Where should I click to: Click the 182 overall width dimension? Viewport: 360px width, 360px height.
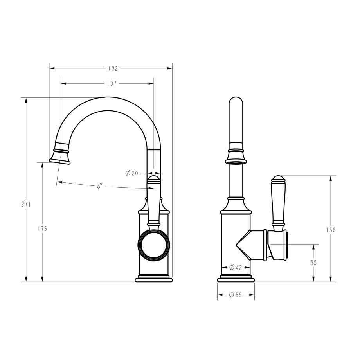point(113,68)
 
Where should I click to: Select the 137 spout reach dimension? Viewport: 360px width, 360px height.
point(112,83)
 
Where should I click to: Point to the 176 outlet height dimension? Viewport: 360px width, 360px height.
point(43,229)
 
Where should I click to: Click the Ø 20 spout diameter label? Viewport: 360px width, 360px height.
point(132,173)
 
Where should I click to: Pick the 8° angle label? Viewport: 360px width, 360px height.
point(100,186)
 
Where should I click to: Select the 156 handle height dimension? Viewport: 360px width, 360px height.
point(331,230)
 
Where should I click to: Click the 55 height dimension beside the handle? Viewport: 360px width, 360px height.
point(313,263)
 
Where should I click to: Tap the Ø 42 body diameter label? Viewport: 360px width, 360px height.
point(236,268)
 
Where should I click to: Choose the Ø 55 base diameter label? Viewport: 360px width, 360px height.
point(236,295)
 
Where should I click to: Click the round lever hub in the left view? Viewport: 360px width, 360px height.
point(154,245)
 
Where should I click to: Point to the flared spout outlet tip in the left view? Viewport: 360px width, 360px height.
point(60,158)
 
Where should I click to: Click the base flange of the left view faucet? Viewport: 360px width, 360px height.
point(154,279)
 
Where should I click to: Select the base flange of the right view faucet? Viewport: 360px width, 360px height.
point(236,279)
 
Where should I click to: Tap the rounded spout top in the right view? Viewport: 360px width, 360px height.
point(236,103)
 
